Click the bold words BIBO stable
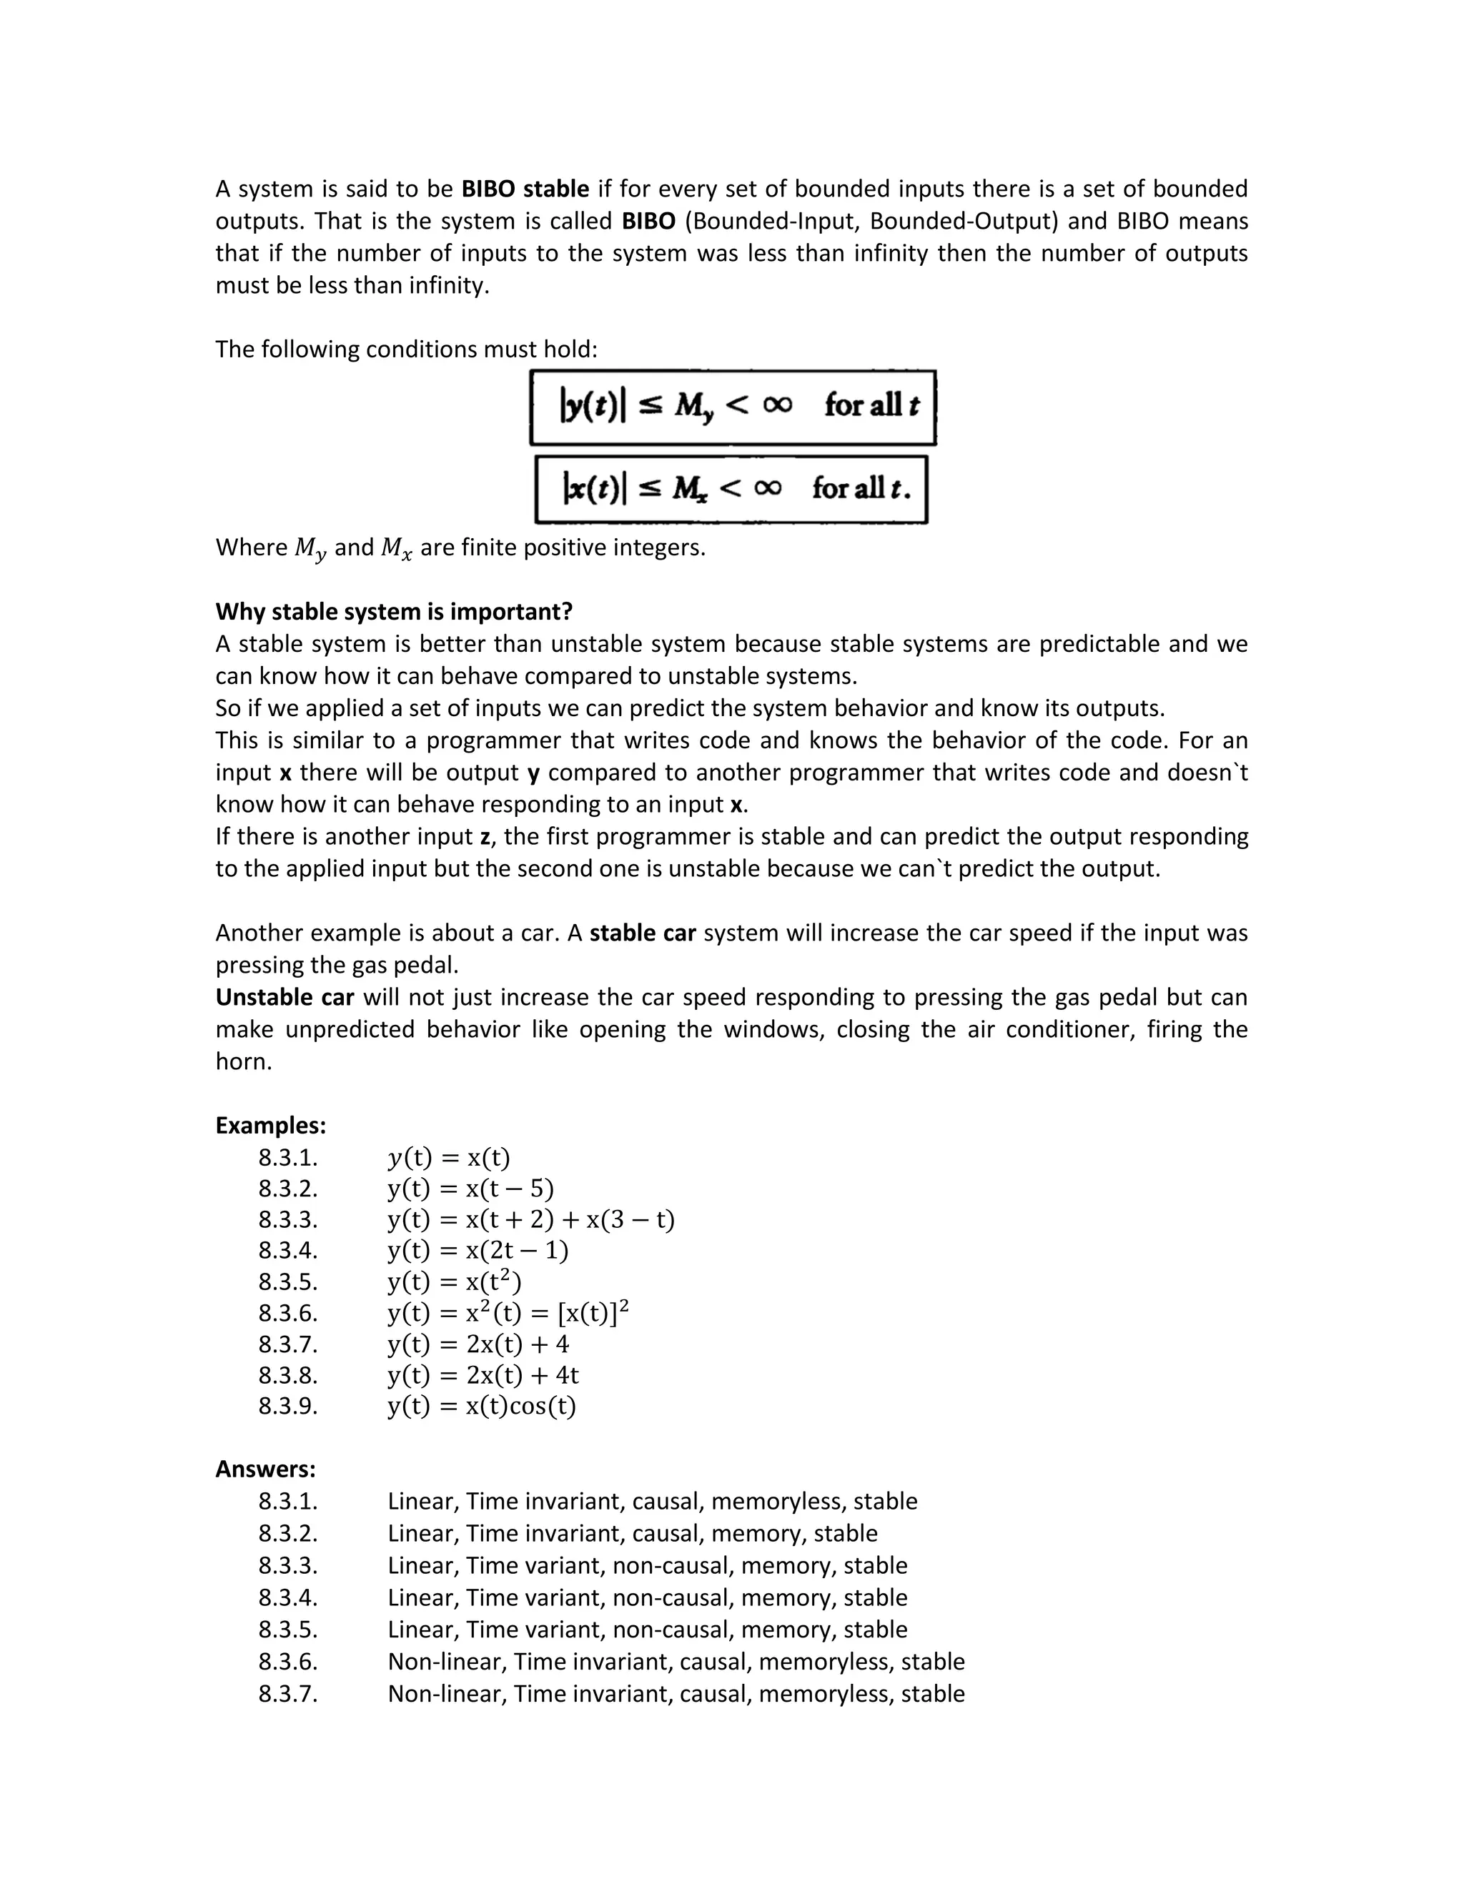525,189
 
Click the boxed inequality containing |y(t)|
733,407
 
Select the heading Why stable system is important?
394,611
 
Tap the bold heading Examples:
271,1126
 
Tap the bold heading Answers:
265,1469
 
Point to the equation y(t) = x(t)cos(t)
481,1406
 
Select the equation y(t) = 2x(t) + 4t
483,1374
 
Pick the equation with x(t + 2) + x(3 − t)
531,1219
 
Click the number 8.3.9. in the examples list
288,1406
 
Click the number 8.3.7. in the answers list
288,1694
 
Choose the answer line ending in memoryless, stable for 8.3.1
652,1501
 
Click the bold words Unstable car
285,997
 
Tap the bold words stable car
643,933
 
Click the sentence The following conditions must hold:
406,349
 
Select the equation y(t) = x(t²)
455,1281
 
